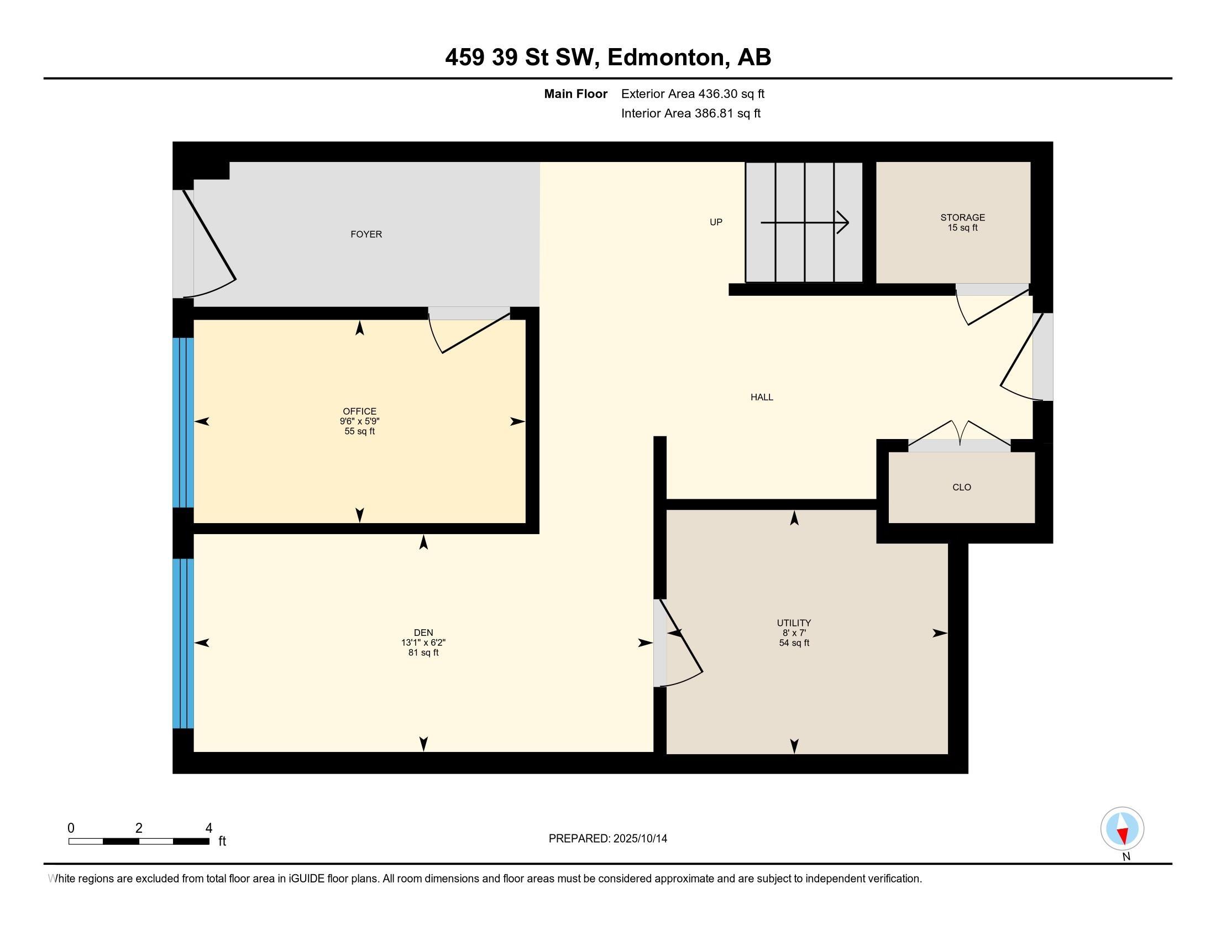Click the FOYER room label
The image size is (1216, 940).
[366, 234]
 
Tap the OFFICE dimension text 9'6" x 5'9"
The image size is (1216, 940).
[360, 421]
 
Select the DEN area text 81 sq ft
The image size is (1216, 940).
[423, 652]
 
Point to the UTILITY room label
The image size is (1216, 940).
[794, 623]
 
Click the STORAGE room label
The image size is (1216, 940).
[963, 218]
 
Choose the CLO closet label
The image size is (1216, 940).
[962, 487]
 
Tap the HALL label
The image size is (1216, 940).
[762, 397]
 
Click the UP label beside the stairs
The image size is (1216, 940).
[716, 222]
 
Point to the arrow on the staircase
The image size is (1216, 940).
[805, 223]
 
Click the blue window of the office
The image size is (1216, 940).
[183, 422]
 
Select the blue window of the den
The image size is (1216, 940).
[183, 643]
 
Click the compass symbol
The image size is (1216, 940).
[1122, 828]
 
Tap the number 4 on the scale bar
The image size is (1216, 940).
[209, 828]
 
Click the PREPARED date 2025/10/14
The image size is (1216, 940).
[639, 839]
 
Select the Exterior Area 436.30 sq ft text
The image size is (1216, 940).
[693, 94]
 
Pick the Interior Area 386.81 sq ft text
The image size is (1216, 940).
[691, 113]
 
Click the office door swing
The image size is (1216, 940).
[469, 332]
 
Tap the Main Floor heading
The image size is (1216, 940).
[576, 94]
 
